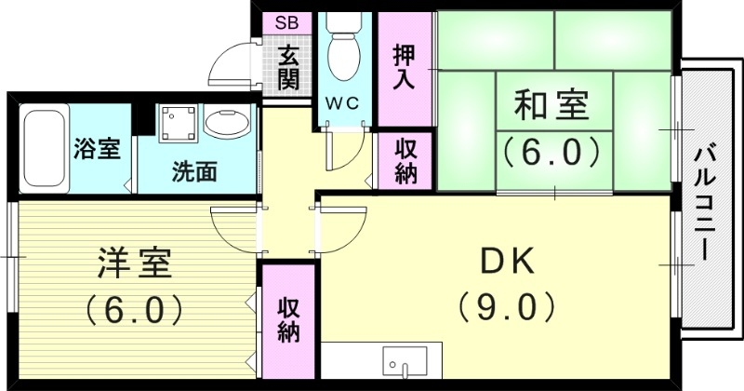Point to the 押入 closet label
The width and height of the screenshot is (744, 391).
[x=404, y=65]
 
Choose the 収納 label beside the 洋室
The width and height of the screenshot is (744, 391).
[x=287, y=319]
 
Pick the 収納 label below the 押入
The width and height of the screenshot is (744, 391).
[x=405, y=160]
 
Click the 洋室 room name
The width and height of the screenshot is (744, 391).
[x=134, y=264]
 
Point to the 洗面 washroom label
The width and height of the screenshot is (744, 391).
[x=194, y=171]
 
